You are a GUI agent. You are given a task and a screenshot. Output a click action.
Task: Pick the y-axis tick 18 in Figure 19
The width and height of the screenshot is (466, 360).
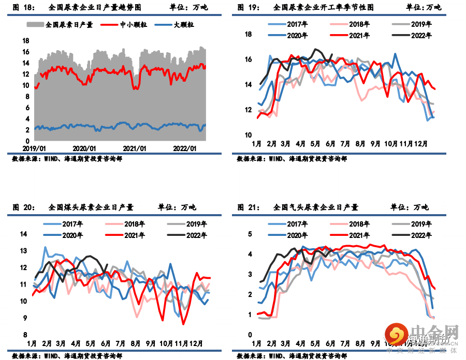click(248, 35)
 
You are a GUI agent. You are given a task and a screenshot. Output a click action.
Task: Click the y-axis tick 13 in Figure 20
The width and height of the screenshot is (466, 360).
click(23, 251)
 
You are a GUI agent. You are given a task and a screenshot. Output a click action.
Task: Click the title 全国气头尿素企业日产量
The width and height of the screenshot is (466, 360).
click(316, 207)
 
